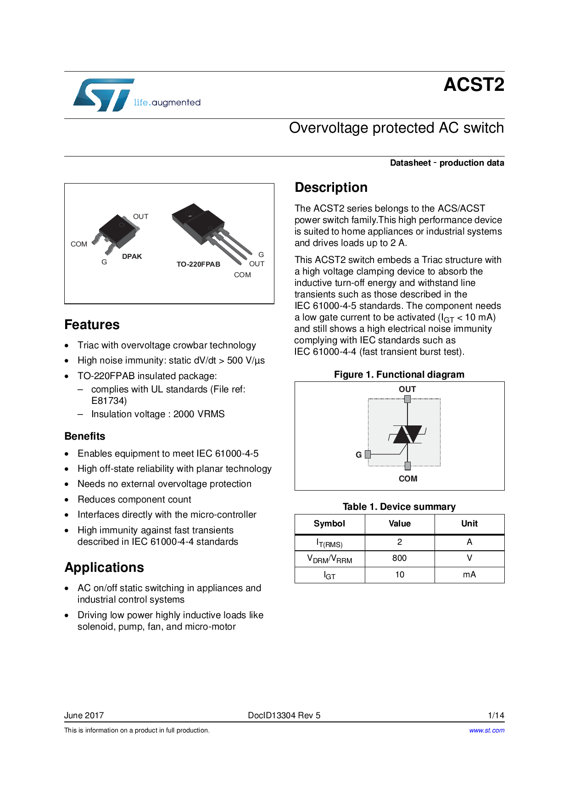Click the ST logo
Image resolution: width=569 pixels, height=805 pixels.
coord(104,95)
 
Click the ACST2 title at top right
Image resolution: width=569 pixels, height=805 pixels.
coord(474,85)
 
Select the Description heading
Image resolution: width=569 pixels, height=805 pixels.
coord(331,188)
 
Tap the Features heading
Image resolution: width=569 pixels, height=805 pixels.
coord(92,325)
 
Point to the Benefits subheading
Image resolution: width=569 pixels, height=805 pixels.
coord(85,436)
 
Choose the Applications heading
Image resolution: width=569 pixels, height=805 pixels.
coord(104,568)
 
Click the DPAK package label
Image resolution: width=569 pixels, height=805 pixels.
coord(132,257)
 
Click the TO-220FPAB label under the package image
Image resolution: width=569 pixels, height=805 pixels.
coord(198,264)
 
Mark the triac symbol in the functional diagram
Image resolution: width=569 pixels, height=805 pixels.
coord(407,434)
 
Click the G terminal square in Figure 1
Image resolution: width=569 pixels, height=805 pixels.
coord(368,455)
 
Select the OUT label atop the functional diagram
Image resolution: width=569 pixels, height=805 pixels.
coord(407,389)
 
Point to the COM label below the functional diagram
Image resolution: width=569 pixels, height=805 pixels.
coord(408,479)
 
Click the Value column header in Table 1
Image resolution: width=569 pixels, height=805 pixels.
coord(400,524)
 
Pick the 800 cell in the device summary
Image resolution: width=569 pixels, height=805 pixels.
coord(400,558)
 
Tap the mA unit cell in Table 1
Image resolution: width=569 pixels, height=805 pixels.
coord(469,575)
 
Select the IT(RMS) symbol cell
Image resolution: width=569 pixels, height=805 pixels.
coord(329,543)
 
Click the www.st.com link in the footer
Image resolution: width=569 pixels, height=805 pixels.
coord(486,730)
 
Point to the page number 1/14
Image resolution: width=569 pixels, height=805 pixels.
coord(496,715)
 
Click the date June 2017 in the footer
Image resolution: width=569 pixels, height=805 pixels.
coord(84,715)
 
